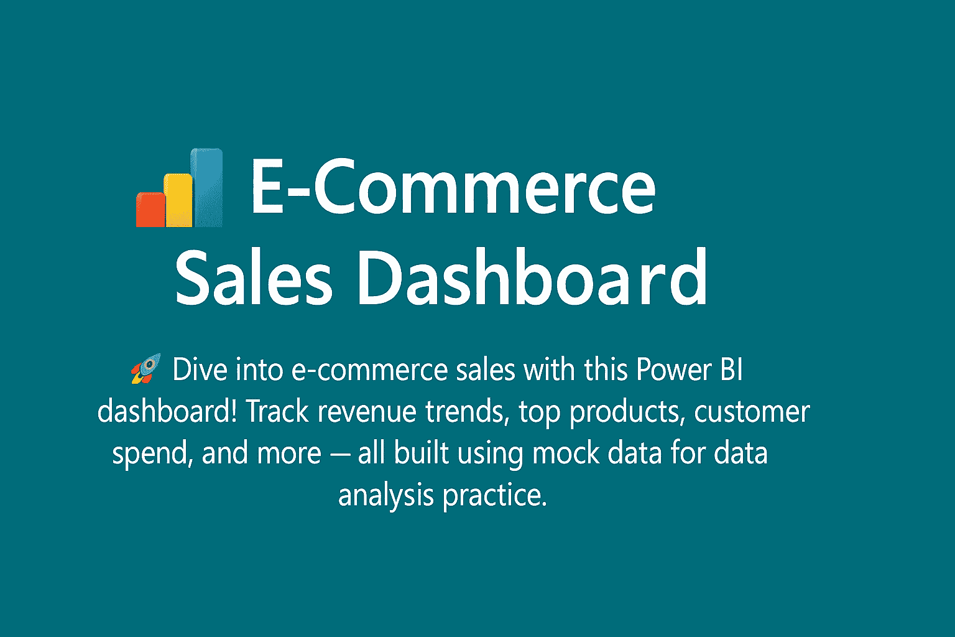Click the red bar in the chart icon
151,210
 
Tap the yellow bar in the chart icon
179,200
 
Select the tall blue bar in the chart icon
208,187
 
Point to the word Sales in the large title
253,277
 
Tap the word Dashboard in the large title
532,277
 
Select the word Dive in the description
200,370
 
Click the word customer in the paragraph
752,411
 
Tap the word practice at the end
494,496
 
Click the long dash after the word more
339,454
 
